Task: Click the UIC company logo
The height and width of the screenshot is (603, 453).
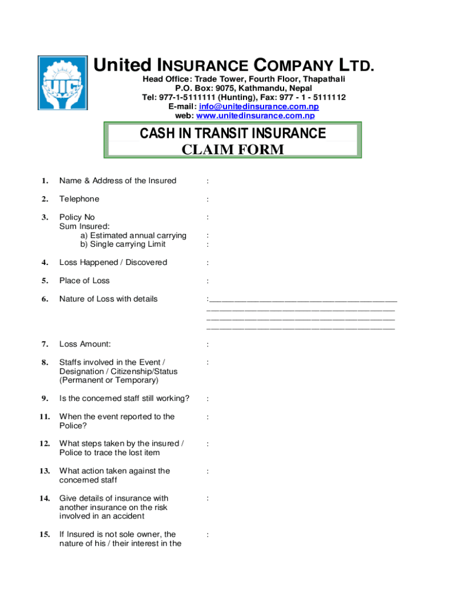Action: pos(62,84)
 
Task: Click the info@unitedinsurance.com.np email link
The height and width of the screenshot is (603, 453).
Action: pos(259,107)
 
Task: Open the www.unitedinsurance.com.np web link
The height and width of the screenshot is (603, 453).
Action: pos(265,115)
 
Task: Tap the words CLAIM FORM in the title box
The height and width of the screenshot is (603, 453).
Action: pos(232,150)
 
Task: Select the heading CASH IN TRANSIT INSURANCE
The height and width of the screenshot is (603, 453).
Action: pos(232,134)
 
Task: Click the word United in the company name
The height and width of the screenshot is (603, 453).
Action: pos(122,65)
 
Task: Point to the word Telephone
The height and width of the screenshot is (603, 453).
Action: pos(79,199)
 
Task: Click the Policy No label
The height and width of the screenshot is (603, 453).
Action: pos(77,217)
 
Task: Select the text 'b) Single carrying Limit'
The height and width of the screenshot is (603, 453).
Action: pos(123,244)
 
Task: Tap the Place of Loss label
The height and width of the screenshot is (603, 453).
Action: pos(84,280)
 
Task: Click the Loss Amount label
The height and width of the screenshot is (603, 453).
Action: pos(85,344)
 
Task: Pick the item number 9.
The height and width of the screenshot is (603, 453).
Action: pos(45,399)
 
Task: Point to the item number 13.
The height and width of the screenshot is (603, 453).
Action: pos(45,471)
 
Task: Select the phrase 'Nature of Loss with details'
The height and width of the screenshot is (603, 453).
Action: pos(108,299)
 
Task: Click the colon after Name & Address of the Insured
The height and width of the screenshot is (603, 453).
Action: pos(207,181)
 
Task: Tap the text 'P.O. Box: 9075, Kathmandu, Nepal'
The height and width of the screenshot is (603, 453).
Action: pos(244,88)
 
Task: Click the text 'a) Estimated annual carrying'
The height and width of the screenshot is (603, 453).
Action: pos(134,236)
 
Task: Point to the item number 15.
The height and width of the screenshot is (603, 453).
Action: pos(45,535)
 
